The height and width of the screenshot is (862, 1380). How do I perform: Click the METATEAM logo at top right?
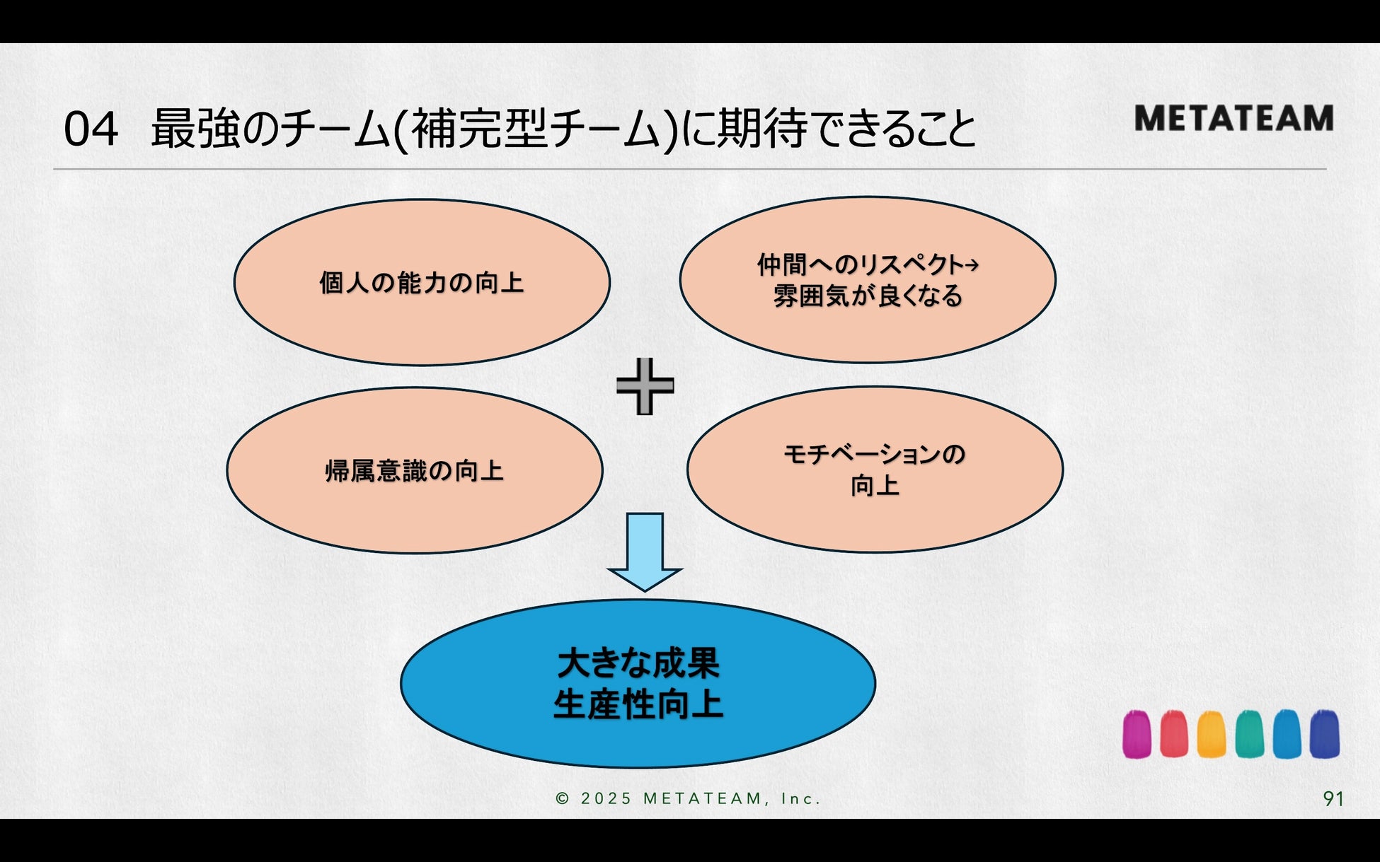coord(1234,118)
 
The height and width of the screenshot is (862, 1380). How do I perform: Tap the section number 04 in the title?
coord(91,130)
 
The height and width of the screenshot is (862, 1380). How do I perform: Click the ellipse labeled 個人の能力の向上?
coord(422,282)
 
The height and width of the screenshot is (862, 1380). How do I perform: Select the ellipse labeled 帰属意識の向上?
coord(415,470)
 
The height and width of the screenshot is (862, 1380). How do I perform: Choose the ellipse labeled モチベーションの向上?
coord(875,469)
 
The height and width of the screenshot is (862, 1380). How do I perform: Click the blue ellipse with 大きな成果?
coord(638,683)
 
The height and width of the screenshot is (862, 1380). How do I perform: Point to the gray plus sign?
coord(645,386)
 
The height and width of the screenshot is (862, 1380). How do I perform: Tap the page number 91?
coord(1333,798)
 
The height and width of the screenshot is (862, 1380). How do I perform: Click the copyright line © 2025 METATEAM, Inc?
coord(688,798)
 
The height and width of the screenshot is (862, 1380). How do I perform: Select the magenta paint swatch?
coord(1137,735)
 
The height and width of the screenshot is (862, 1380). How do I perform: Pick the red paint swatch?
coord(1174,735)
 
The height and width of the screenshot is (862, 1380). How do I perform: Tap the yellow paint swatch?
coord(1212,735)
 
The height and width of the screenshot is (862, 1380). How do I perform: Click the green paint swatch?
coord(1249,735)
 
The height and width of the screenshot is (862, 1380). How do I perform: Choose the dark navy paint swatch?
coord(1324,735)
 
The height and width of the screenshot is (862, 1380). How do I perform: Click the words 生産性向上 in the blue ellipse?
coord(638,705)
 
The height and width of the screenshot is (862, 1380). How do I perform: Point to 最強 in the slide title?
coord(194,129)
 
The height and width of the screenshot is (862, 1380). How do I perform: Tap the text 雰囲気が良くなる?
coord(868,296)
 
